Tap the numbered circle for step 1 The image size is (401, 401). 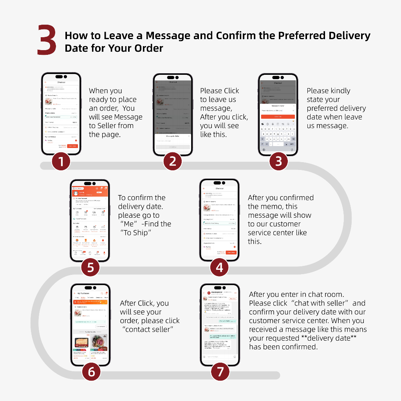coord(61,161)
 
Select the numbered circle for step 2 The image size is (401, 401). coord(172,161)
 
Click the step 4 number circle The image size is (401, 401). coord(219,267)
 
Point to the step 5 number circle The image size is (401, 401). coord(90,267)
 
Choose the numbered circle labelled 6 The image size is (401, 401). coord(91,371)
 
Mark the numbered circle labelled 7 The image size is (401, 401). coord(220,371)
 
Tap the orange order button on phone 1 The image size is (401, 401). coord(72,146)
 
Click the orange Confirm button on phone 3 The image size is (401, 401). coord(278,117)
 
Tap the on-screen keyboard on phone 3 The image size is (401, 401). coord(278,135)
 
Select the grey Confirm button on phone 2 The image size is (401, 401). coord(173,147)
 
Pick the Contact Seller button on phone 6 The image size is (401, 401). coord(101,326)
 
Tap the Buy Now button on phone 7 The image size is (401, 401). coord(233,298)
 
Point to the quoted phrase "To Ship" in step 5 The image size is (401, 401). coord(136,233)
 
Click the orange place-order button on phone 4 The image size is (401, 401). coord(231,253)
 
